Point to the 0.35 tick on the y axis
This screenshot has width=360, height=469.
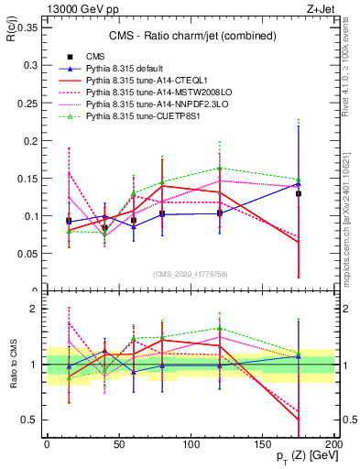[28, 27]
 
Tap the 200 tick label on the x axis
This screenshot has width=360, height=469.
[333, 442]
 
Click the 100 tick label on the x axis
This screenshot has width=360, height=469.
[190, 442]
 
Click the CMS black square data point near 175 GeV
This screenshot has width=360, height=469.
[298, 194]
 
